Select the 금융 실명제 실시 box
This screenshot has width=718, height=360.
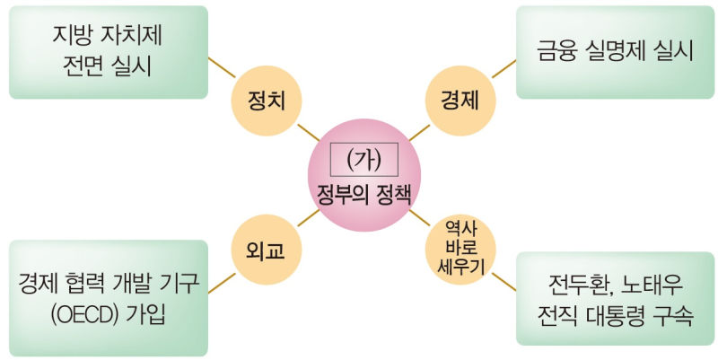point(616,52)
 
